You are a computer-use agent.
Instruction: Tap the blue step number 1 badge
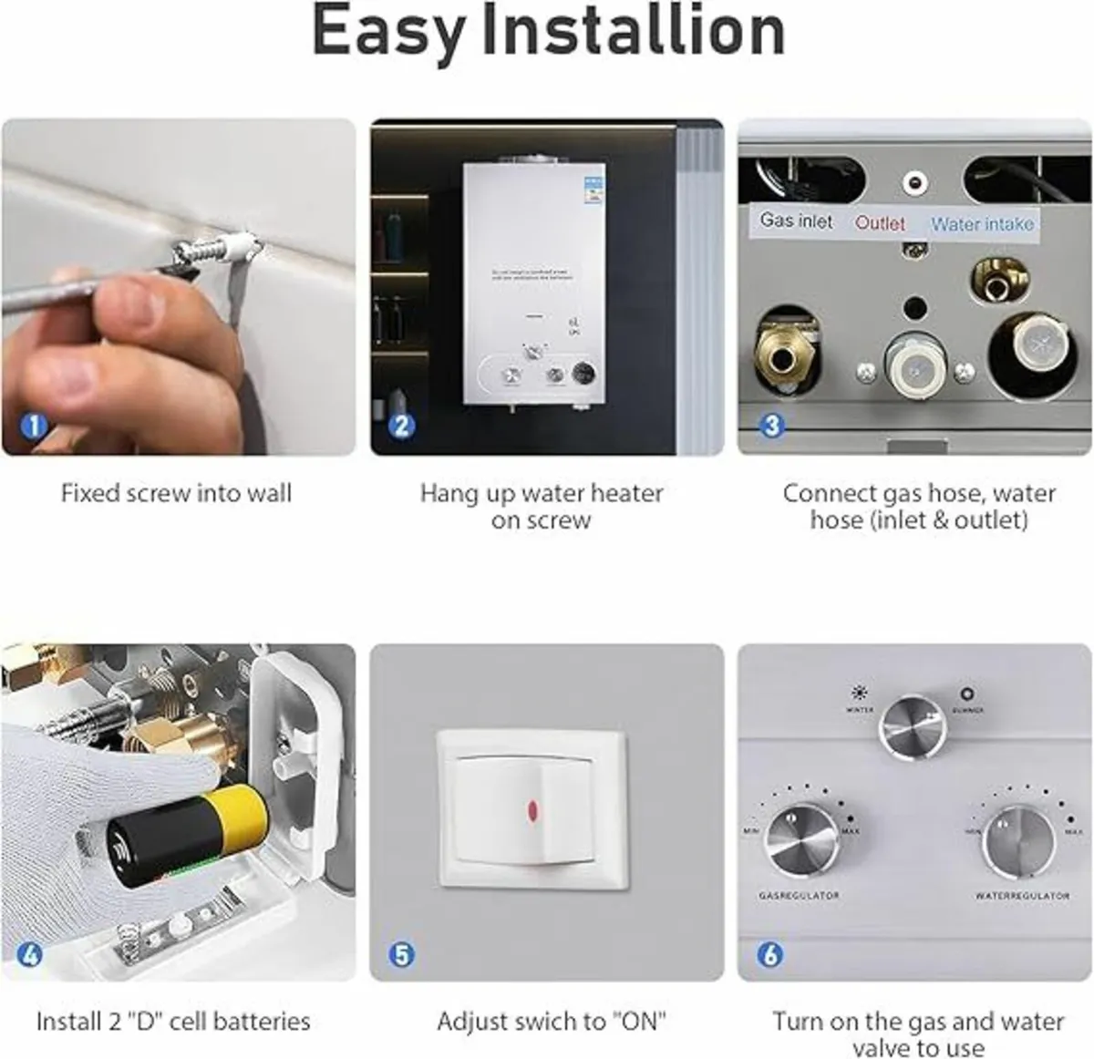35,426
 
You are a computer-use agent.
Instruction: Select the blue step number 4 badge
30,954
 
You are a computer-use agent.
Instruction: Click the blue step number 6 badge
770,954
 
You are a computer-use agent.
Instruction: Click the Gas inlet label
796,221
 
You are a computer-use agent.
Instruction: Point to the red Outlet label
880,223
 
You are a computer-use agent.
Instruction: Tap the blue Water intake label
982,223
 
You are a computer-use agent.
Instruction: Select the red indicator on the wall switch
532,809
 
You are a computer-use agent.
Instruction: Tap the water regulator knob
1017,841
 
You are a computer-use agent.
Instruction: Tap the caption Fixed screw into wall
176,494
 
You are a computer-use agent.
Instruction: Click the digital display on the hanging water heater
583,374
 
